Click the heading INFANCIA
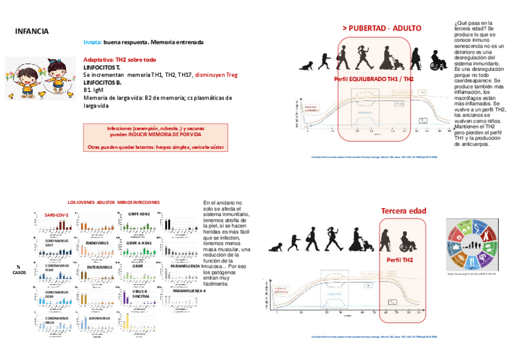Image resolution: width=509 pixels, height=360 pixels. (32, 31)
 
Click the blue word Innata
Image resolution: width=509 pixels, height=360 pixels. (92, 43)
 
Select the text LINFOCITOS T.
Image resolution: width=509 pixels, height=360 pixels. (102, 68)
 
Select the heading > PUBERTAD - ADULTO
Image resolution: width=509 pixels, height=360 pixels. (382, 28)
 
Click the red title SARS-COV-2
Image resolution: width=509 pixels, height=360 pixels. (56, 214)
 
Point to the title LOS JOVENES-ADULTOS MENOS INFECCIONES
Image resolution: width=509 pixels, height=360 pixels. (113, 202)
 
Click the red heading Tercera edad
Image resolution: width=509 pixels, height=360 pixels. (403, 211)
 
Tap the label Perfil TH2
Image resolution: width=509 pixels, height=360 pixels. (402, 260)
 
